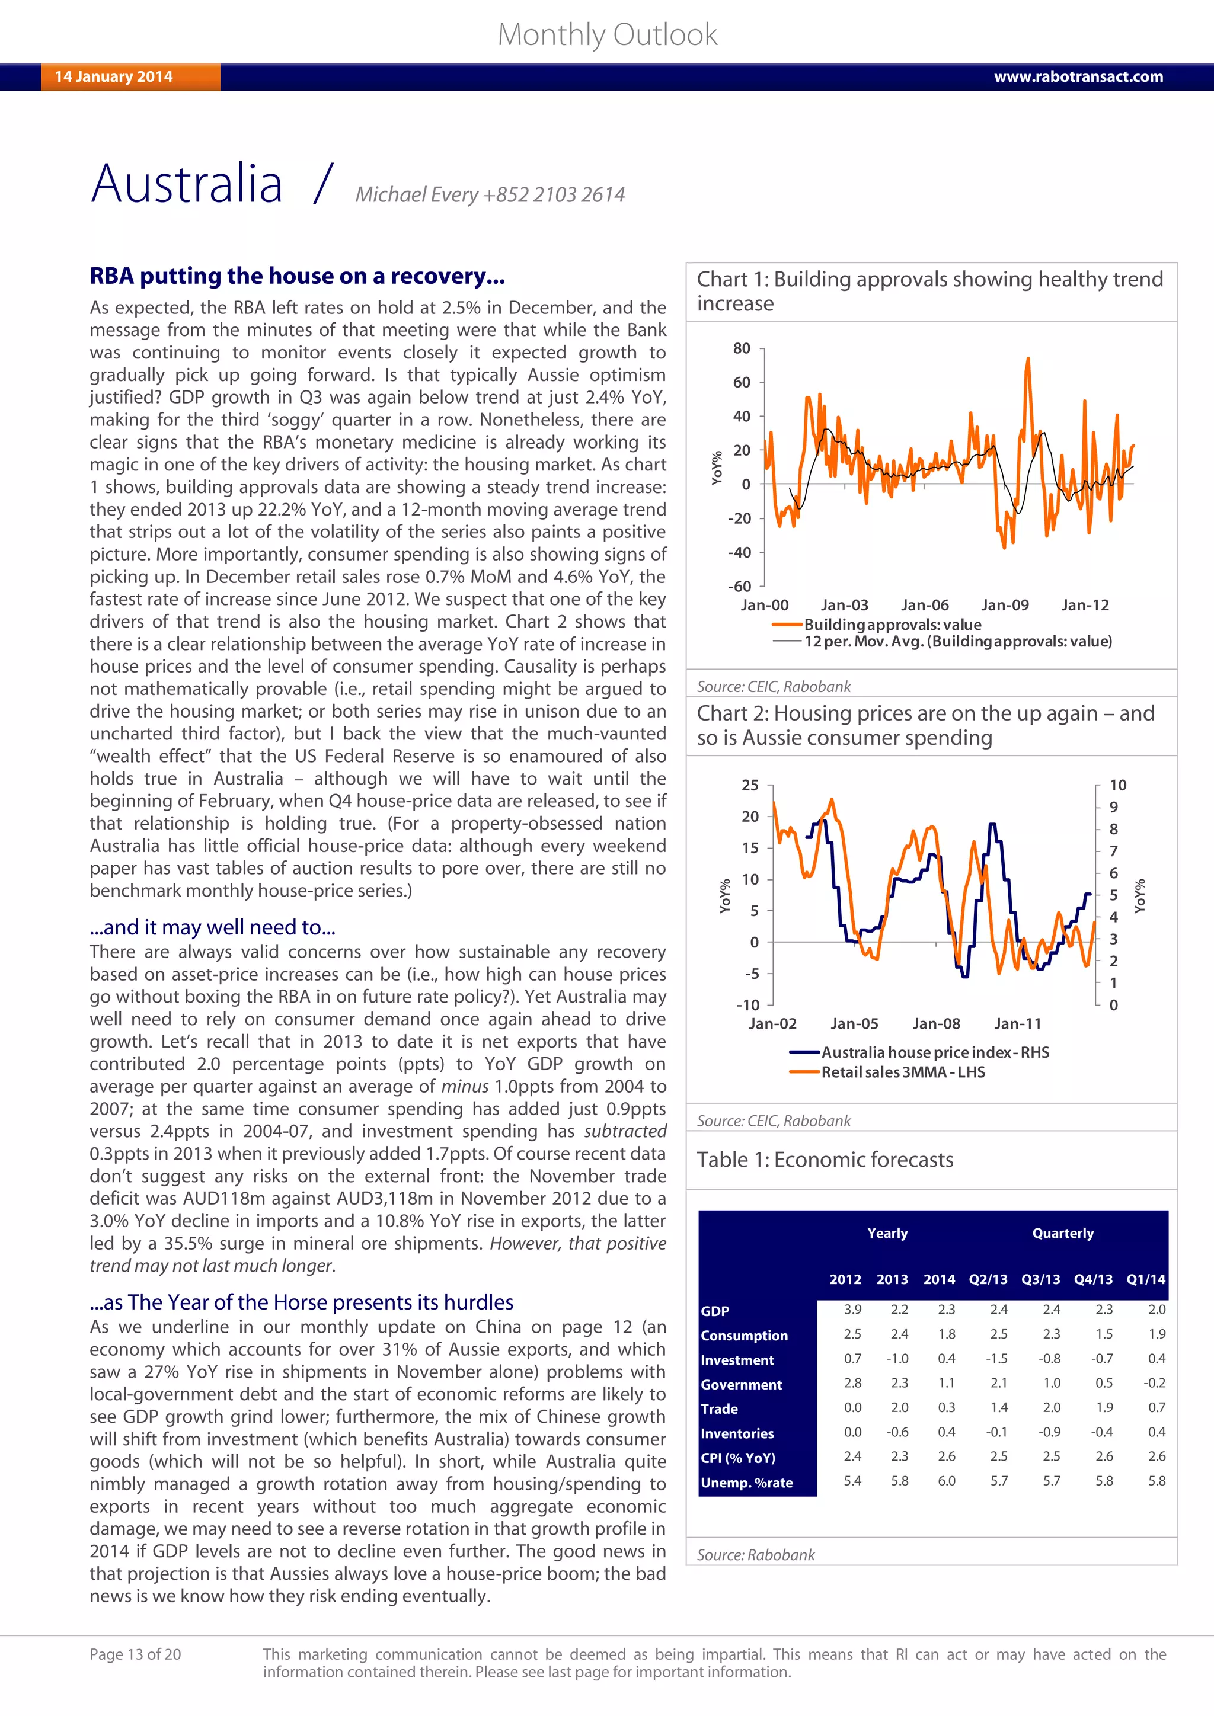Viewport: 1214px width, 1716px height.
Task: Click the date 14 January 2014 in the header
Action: tap(114, 76)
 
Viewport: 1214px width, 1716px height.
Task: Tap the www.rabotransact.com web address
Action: tap(1078, 76)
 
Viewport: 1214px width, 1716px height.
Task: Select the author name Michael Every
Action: tap(416, 194)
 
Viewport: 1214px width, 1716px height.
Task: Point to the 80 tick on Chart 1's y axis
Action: tap(741, 348)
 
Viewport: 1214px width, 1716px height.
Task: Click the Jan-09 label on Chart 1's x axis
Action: tap(1004, 604)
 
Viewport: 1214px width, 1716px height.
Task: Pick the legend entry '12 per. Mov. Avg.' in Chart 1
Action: tap(957, 641)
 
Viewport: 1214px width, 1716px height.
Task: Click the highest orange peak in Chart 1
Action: tap(1028, 360)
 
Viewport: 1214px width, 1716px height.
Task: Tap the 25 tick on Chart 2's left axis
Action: tap(750, 785)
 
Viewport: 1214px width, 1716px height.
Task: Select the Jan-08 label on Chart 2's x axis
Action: tap(936, 1023)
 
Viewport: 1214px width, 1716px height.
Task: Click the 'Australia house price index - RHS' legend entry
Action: tap(934, 1052)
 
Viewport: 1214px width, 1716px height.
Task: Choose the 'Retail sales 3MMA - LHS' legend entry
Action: tap(902, 1072)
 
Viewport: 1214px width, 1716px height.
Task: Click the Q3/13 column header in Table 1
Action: tap(1040, 1279)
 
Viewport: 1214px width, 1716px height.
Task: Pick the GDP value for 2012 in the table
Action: tap(852, 1310)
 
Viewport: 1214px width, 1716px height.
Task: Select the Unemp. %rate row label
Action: tap(746, 1483)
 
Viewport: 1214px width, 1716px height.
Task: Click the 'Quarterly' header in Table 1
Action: tap(1062, 1233)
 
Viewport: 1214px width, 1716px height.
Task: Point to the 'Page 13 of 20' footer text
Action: tap(135, 1654)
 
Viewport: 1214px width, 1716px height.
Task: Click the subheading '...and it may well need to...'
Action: tap(212, 927)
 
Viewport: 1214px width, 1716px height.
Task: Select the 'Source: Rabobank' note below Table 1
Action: tap(755, 1555)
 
